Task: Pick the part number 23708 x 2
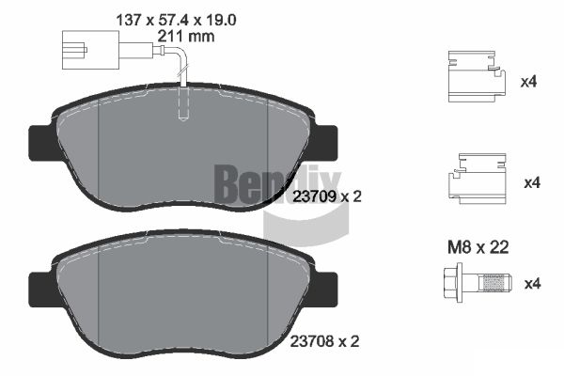pyautogui.click(x=327, y=343)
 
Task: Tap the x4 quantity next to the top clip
pyautogui.click(x=530, y=82)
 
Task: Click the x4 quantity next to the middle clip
pyautogui.click(x=530, y=181)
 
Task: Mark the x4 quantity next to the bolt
pyautogui.click(x=530, y=282)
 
